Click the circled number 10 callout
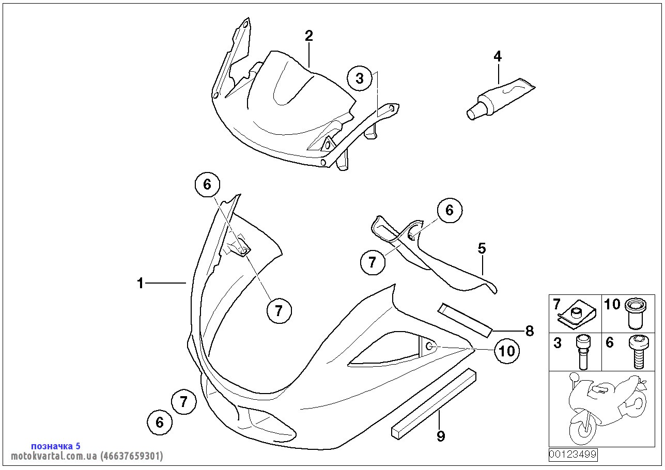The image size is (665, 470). click(507, 351)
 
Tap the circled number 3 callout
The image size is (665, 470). click(360, 79)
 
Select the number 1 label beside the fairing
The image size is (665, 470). click(140, 283)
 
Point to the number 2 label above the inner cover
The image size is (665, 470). click(308, 36)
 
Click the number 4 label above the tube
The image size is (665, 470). click(498, 56)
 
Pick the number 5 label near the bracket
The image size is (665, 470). click(482, 248)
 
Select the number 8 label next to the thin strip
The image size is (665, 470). click(529, 331)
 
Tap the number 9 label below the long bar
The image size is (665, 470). click(441, 436)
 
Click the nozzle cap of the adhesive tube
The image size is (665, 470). click(472, 113)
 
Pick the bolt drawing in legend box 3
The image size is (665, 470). click(582, 351)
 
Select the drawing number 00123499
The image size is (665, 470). click(573, 455)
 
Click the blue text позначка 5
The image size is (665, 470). click(56, 446)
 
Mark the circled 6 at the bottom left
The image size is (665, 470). click(159, 422)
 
